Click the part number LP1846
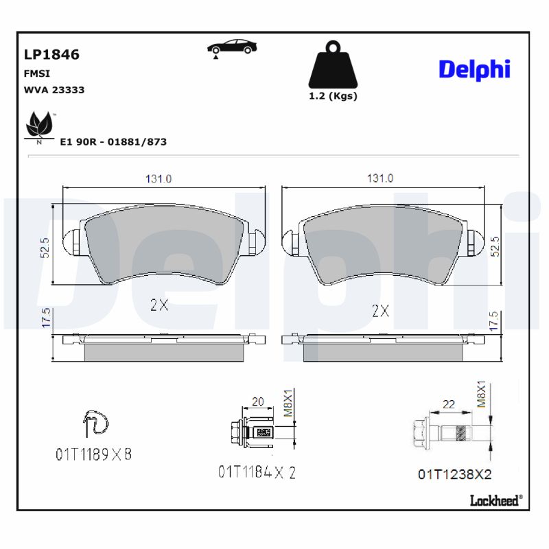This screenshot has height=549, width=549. click(x=51, y=55)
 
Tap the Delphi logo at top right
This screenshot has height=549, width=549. click(x=474, y=69)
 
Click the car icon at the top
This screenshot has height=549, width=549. click(x=232, y=48)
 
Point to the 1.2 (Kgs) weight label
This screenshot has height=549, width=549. click(x=333, y=96)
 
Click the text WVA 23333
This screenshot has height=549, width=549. click(x=54, y=90)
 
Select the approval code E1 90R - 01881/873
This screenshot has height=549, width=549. click(x=113, y=142)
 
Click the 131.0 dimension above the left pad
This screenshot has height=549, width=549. click(x=159, y=178)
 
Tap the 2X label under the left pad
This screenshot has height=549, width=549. click(x=159, y=305)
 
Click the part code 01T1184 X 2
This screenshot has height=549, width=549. click(x=257, y=471)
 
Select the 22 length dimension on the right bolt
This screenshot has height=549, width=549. click(x=448, y=405)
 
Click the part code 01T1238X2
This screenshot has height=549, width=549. click(x=454, y=474)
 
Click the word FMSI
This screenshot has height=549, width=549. click(x=37, y=73)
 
